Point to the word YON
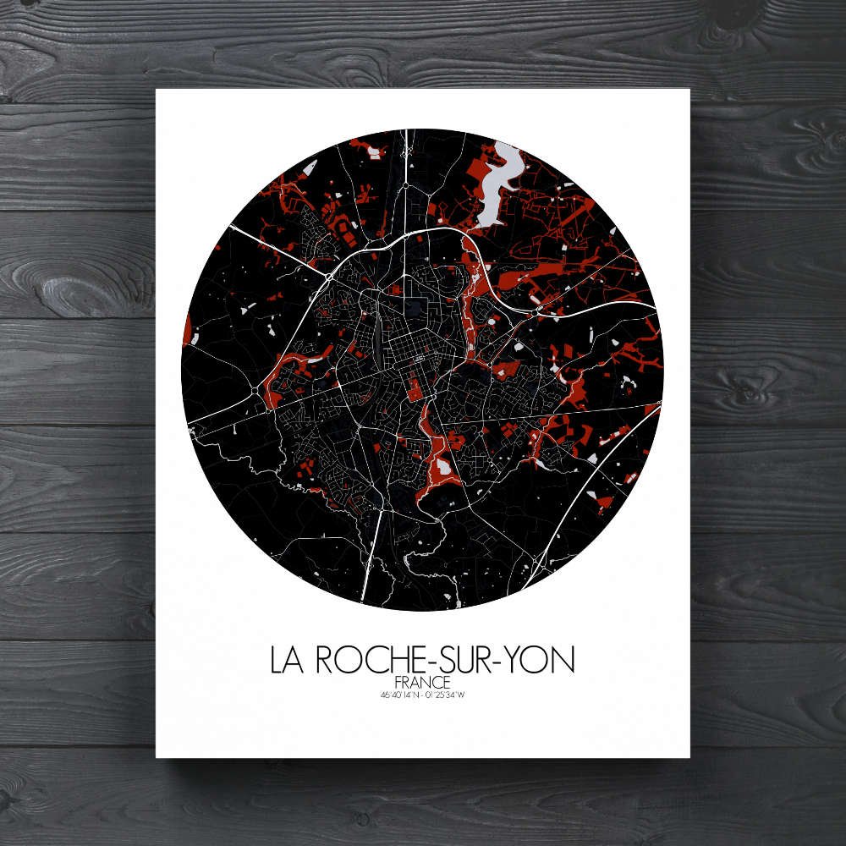pos(541,660)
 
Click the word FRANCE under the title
pos(422,682)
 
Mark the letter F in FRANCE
pos(398,682)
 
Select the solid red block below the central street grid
pos(415,390)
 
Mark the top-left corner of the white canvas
pos(157,90)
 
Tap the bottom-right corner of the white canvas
pos(689,756)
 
